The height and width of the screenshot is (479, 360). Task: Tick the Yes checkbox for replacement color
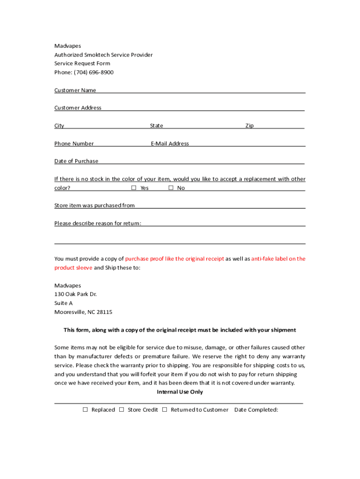coord(134,188)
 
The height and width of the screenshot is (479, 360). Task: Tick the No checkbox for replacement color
coord(171,188)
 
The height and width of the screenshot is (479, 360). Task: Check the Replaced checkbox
coord(85,410)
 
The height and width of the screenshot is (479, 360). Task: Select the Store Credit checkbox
coord(121,410)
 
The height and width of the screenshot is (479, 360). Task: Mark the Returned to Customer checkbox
coord(165,410)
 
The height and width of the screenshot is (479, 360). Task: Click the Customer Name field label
coord(75,90)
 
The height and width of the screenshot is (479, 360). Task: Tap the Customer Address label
coord(78,108)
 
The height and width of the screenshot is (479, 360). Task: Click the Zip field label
coord(250,126)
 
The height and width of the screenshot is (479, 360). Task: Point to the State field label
coord(157,126)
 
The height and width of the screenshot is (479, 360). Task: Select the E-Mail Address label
coord(170,144)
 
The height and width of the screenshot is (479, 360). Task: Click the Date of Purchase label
coord(76,161)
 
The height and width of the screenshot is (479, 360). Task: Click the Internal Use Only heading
coord(180,392)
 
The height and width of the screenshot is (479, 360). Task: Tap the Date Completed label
coord(256,410)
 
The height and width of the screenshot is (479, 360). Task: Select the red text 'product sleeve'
coord(73,268)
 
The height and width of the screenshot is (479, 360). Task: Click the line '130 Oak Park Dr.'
coord(75,294)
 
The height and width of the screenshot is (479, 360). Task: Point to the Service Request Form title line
coord(82,64)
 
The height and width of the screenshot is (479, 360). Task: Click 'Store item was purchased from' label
coord(94,205)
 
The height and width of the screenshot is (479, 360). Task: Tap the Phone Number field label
coord(74,144)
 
